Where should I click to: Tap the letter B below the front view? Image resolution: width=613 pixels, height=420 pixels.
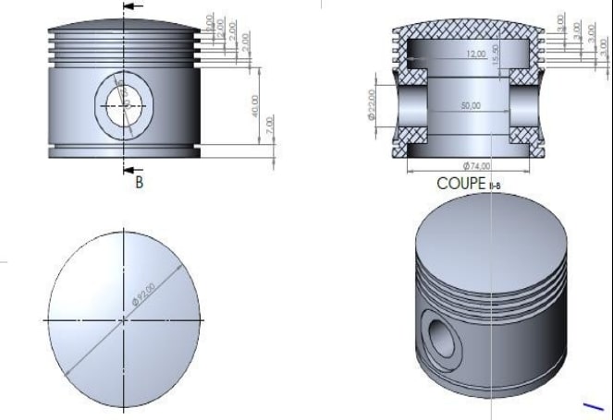point(139,183)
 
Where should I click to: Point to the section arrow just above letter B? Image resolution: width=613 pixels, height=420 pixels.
point(133,169)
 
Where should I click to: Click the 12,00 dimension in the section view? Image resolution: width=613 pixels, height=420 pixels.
point(475,55)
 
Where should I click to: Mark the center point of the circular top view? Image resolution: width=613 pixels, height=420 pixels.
point(124,320)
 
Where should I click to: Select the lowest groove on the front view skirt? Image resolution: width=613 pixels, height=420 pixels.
point(124,146)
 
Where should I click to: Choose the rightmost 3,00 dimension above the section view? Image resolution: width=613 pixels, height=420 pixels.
point(605,43)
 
